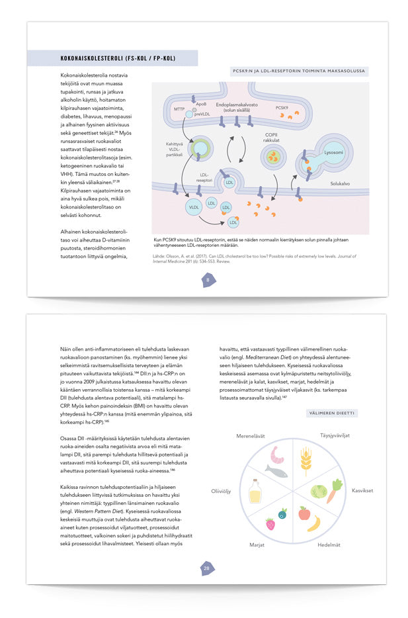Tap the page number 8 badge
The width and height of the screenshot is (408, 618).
(208, 280)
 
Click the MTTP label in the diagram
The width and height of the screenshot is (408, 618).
(179, 109)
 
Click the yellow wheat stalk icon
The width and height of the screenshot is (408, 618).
(306, 461)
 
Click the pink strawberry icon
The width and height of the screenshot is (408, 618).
(270, 524)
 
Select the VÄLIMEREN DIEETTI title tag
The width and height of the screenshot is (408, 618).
(331, 413)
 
